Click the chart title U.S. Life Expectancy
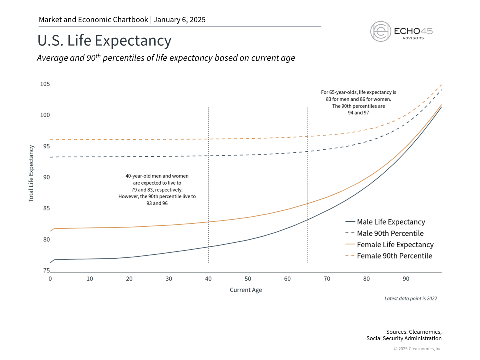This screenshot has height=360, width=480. [104, 41]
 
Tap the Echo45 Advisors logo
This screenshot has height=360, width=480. [401, 31]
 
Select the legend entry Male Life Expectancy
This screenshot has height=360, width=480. [391, 222]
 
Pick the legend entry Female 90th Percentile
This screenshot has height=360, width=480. [394, 256]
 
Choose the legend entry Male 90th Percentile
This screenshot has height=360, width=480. [390, 233]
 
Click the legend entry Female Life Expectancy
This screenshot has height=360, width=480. [395, 245]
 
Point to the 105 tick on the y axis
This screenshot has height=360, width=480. [45, 84]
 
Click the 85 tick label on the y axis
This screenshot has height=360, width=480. [45, 208]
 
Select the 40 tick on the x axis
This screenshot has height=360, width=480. [208, 278]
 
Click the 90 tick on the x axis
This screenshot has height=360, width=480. [406, 278]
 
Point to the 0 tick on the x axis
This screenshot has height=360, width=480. [50, 278]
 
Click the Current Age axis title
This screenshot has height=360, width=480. [246, 290]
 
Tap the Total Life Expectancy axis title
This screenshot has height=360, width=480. [31, 173]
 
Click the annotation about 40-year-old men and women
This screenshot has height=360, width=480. [157, 186]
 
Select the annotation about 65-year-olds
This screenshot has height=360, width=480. [358, 103]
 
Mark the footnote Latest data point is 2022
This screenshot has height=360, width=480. [410, 298]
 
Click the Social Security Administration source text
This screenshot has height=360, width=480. [404, 338]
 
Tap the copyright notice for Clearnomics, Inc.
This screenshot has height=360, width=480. [418, 349]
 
